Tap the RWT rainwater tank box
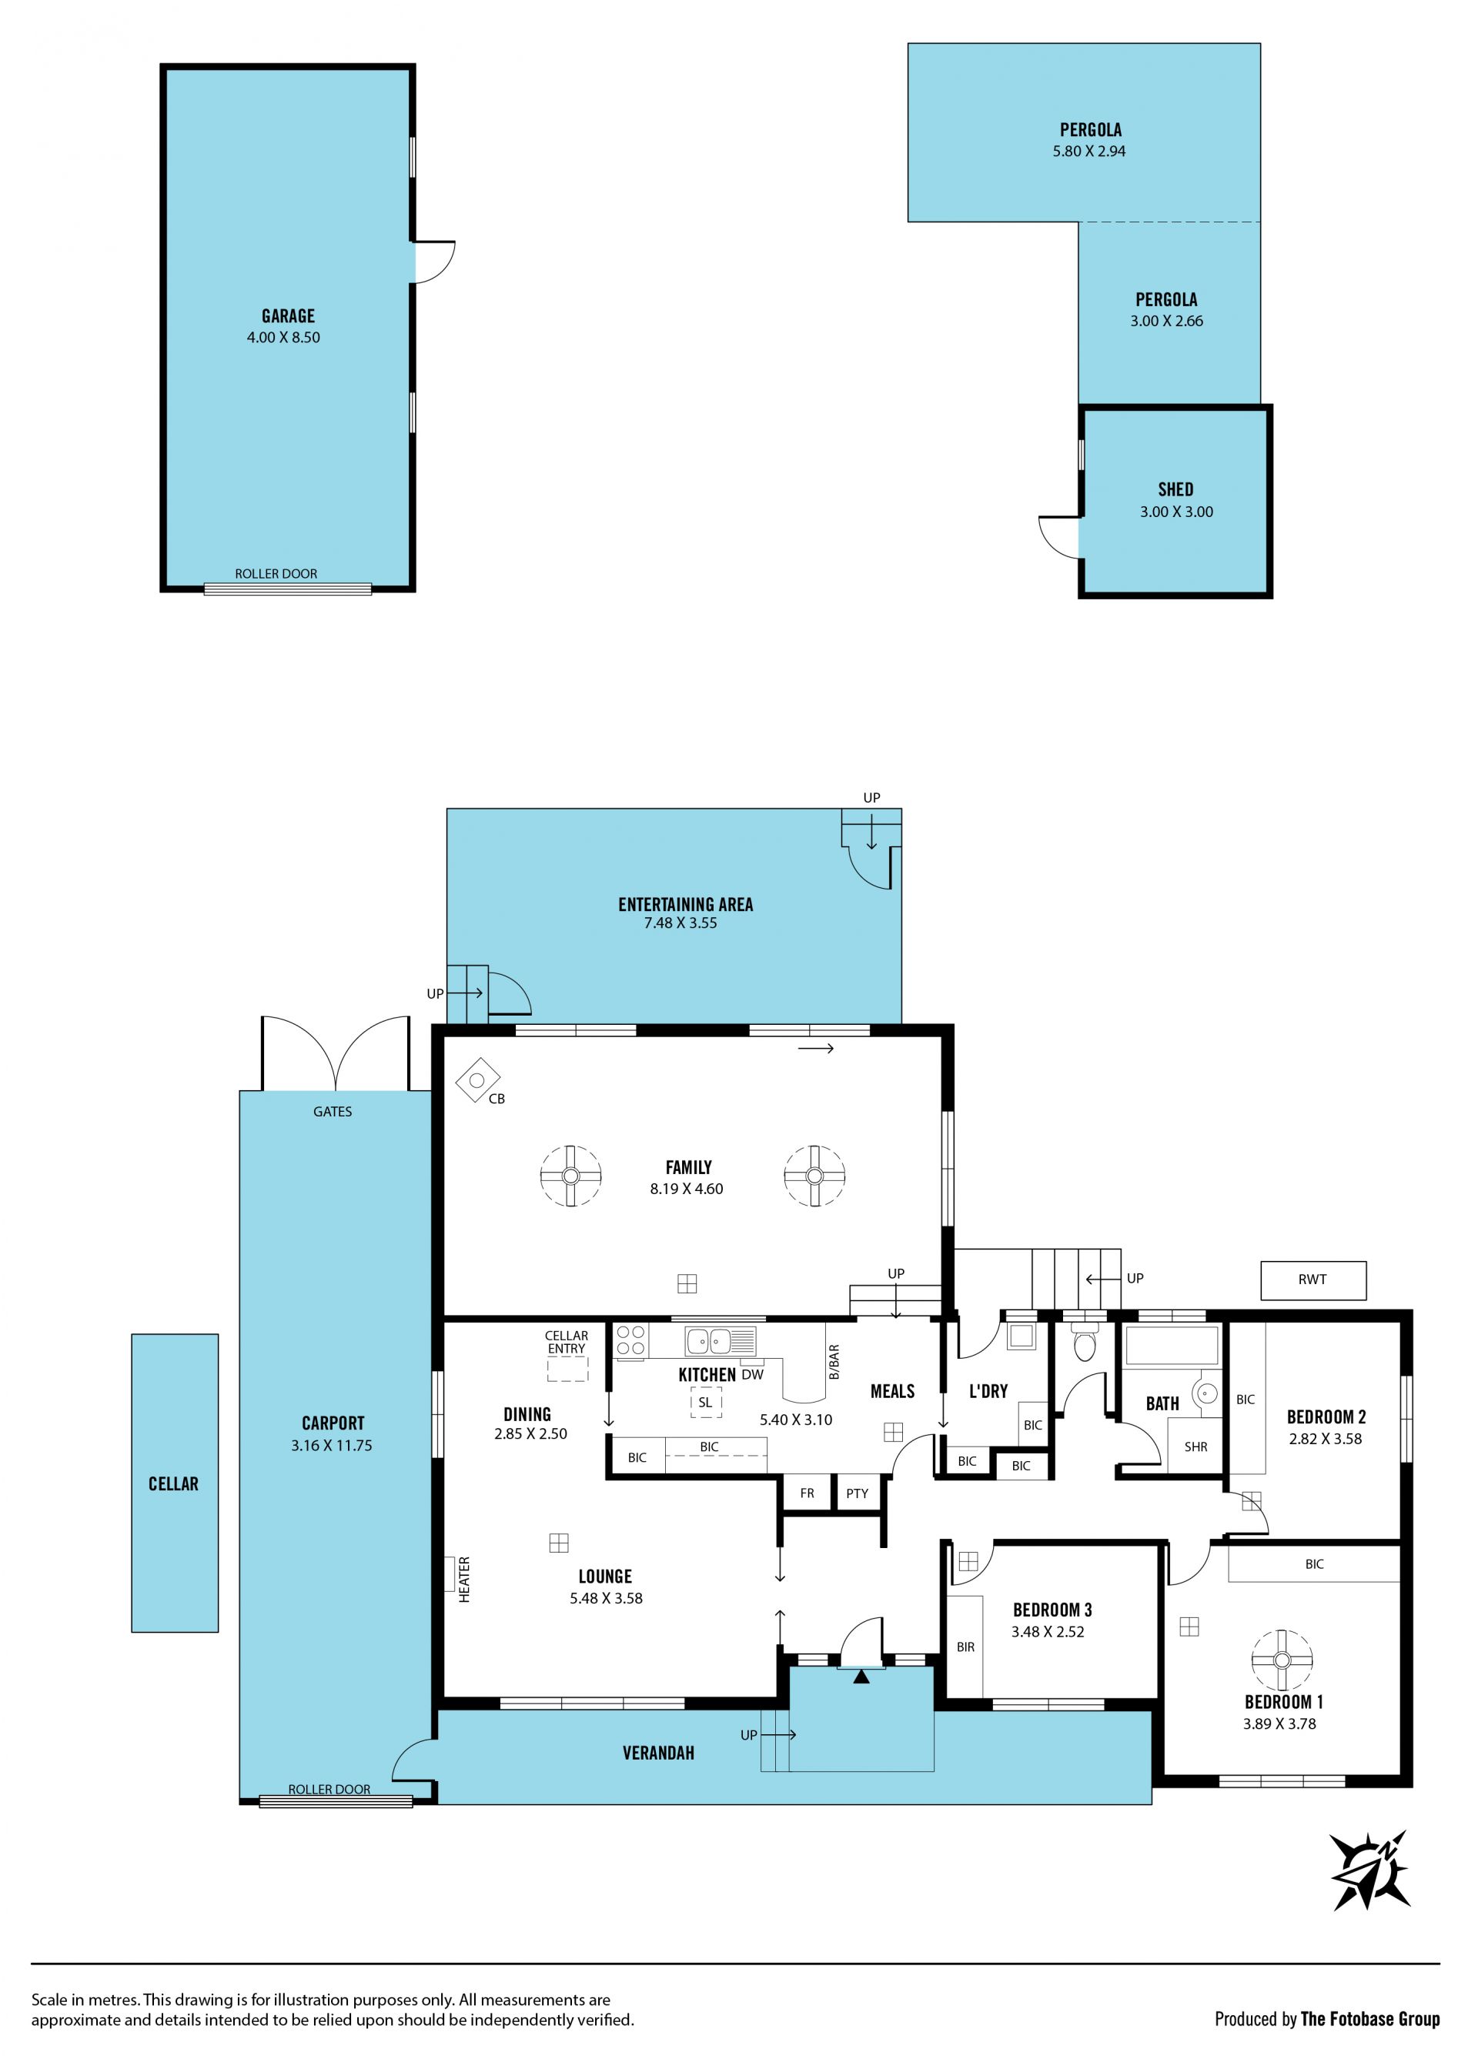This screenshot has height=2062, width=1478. click(1312, 1280)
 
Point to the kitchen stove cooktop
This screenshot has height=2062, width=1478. click(631, 1341)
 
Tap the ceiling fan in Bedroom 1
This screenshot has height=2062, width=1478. click(1281, 1660)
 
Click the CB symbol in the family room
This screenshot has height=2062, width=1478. click(477, 1081)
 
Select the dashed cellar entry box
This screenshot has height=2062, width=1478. click(567, 1370)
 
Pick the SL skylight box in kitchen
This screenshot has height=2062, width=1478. click(705, 1402)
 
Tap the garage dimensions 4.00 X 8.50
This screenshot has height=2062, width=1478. click(283, 337)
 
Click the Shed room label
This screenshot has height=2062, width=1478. click(1175, 489)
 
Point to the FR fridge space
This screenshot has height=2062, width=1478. click(807, 1493)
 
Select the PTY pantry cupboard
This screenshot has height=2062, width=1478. click(857, 1493)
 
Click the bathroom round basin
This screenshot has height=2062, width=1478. click(1207, 1392)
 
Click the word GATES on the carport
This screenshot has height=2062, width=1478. click(332, 1111)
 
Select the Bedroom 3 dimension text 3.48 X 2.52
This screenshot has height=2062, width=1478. click(1048, 1632)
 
